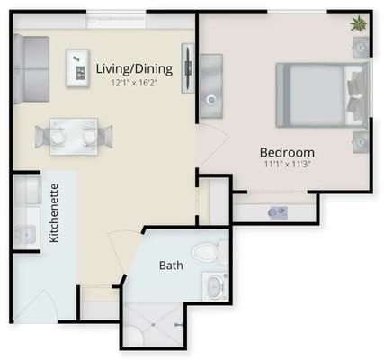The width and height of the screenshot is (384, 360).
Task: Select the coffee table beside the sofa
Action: [x=76, y=67]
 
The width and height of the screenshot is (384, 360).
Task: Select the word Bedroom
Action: [x=287, y=151]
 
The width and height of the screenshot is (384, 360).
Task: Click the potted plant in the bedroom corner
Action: [x=359, y=23]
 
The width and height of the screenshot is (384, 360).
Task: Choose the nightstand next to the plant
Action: [x=361, y=48]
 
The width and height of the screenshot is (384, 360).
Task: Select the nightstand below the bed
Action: [x=360, y=141]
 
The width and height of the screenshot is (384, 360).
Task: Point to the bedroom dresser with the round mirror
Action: [x=210, y=86]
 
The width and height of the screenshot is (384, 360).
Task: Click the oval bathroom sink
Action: [x=215, y=287]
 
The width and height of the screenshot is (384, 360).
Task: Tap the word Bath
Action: [x=171, y=265]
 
